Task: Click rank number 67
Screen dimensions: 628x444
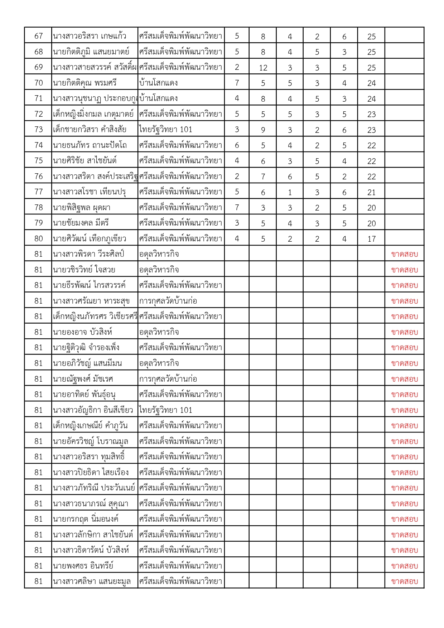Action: click(38, 36)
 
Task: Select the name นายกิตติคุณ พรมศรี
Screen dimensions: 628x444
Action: click(85, 83)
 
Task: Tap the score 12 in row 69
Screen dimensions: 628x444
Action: click(263, 68)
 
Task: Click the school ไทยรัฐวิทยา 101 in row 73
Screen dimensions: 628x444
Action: click(165, 130)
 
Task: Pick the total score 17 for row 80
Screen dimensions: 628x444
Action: click(371, 239)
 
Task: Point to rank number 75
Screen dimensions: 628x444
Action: click(38, 161)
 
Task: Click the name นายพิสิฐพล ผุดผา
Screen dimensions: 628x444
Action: click(82, 208)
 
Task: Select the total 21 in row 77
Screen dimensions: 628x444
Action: click(371, 192)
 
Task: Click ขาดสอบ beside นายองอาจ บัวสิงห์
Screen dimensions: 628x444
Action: click(405, 332)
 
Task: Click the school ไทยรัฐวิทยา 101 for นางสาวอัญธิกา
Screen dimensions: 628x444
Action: click(165, 410)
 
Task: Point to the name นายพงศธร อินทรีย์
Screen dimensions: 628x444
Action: click(83, 566)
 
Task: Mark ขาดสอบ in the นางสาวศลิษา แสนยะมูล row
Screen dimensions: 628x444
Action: click(405, 581)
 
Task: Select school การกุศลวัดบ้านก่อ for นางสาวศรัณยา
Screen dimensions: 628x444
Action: click(168, 301)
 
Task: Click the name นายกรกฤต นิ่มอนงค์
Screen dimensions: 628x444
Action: click(86, 519)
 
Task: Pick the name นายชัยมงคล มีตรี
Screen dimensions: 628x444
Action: click(81, 223)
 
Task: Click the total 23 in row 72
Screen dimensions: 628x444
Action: click(371, 114)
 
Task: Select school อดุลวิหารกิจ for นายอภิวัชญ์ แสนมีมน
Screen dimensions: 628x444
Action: click(159, 363)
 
